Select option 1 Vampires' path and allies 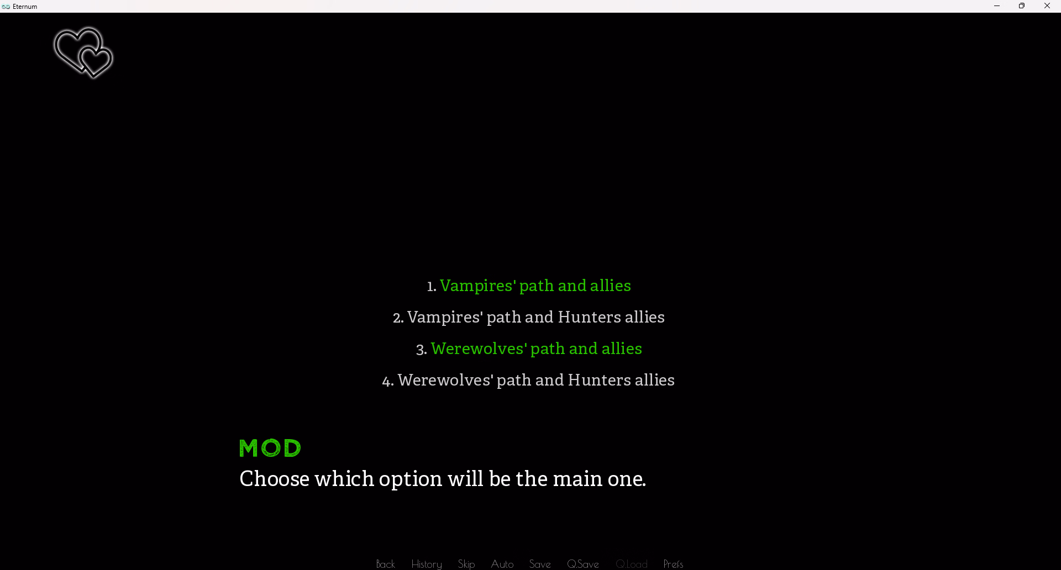pos(529,286)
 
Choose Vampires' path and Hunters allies pos(529,318)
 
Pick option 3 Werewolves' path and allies pos(529,349)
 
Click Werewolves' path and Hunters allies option pos(528,381)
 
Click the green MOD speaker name pos(270,448)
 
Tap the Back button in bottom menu pos(386,564)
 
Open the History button pos(427,564)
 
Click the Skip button pos(466,564)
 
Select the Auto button pos(502,564)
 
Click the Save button pos(540,564)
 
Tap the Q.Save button pos(583,564)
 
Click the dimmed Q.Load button pos(632,564)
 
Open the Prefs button pos(673,564)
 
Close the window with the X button pos(1047,6)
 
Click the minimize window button pos(997,6)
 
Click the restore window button pos(1022,6)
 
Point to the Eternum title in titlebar pos(25,7)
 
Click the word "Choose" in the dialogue pos(275,479)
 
